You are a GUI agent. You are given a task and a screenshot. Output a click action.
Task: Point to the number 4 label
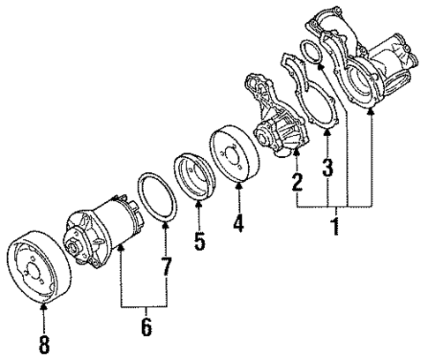[x=238, y=223]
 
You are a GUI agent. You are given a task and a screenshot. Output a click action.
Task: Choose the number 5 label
[x=199, y=239]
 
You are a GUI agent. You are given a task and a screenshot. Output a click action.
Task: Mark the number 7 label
[x=165, y=267]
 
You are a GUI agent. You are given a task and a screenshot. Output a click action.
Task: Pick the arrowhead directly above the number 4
[x=238, y=191]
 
